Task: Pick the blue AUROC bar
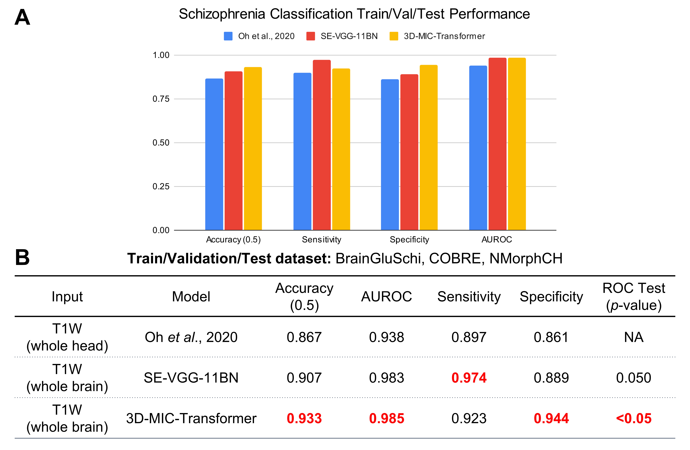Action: click(478, 148)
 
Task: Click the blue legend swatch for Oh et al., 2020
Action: click(228, 36)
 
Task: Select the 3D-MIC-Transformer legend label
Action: click(444, 36)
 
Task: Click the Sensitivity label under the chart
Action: click(321, 240)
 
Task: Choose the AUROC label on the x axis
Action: click(497, 240)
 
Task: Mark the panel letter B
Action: click(22, 257)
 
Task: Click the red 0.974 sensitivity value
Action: click(469, 378)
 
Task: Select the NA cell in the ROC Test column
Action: click(634, 337)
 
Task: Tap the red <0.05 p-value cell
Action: click(634, 418)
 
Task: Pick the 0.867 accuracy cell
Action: click(304, 337)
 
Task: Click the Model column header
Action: click(191, 297)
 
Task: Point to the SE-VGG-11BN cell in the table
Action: click(191, 378)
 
